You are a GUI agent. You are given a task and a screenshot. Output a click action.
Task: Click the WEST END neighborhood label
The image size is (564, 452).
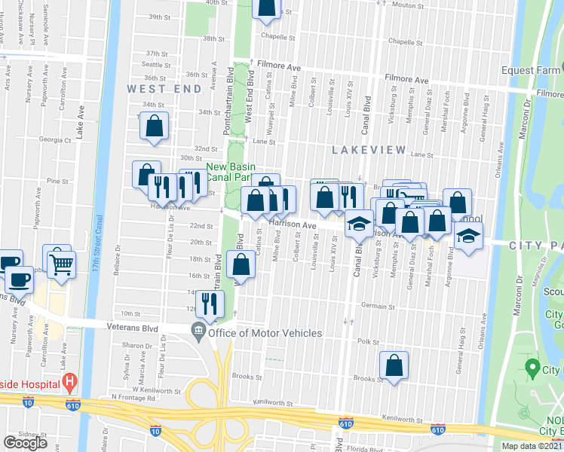(164, 89)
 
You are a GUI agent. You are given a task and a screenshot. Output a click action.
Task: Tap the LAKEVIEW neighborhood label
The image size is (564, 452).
(369, 150)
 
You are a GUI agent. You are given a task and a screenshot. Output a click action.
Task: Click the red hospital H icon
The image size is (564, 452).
(70, 383)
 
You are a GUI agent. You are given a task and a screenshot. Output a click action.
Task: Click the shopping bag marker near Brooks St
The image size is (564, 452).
(394, 367)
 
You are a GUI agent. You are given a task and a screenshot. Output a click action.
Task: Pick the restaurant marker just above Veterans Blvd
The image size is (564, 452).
(210, 304)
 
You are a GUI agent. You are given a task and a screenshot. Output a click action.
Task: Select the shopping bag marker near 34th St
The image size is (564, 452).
(154, 128)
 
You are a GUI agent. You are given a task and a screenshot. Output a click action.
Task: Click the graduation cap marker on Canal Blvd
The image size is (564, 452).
(359, 224)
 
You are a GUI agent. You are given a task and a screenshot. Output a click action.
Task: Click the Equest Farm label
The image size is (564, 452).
(532, 71)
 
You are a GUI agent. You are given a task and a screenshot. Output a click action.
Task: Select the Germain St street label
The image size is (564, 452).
(378, 307)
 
